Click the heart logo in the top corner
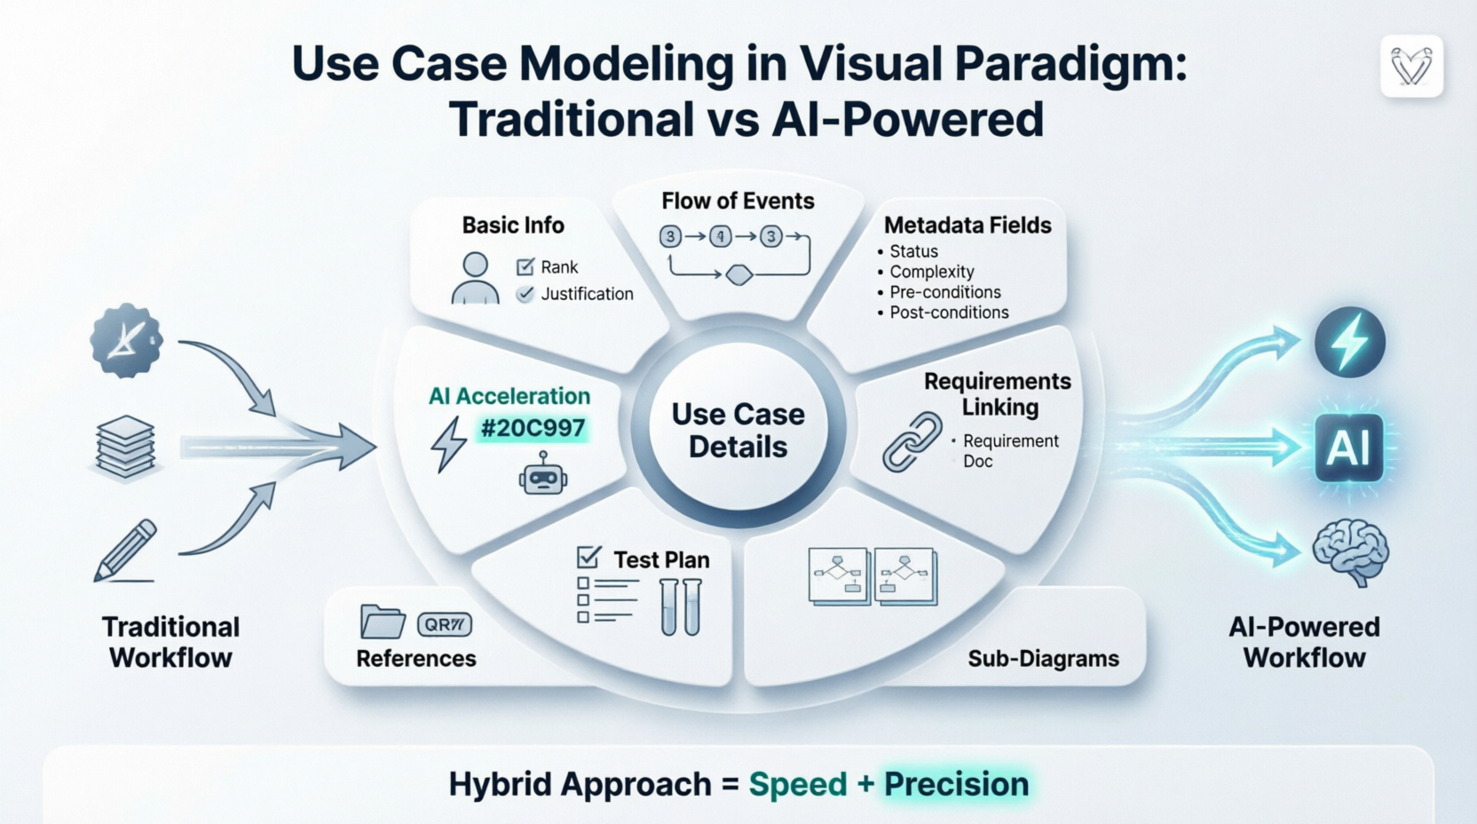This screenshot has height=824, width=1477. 1411,67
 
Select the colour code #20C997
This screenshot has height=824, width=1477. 533,428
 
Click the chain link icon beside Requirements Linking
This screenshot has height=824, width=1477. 912,440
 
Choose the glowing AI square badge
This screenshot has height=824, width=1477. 1348,447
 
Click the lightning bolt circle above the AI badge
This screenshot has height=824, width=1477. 1349,342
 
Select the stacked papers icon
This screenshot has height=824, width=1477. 125,447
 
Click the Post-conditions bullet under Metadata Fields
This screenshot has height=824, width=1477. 949,313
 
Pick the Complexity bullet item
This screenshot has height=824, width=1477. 931,272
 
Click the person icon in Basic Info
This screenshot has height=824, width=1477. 475,278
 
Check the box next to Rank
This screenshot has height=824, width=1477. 525,266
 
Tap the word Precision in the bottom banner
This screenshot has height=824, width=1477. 956,784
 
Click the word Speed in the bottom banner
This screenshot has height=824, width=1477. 798,784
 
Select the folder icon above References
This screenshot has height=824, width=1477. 383,622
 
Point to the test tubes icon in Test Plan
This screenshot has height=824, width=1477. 681,607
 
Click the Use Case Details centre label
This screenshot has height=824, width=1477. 738,431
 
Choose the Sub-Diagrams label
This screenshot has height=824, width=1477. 1043,659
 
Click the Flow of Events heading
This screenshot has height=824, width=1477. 738,201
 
